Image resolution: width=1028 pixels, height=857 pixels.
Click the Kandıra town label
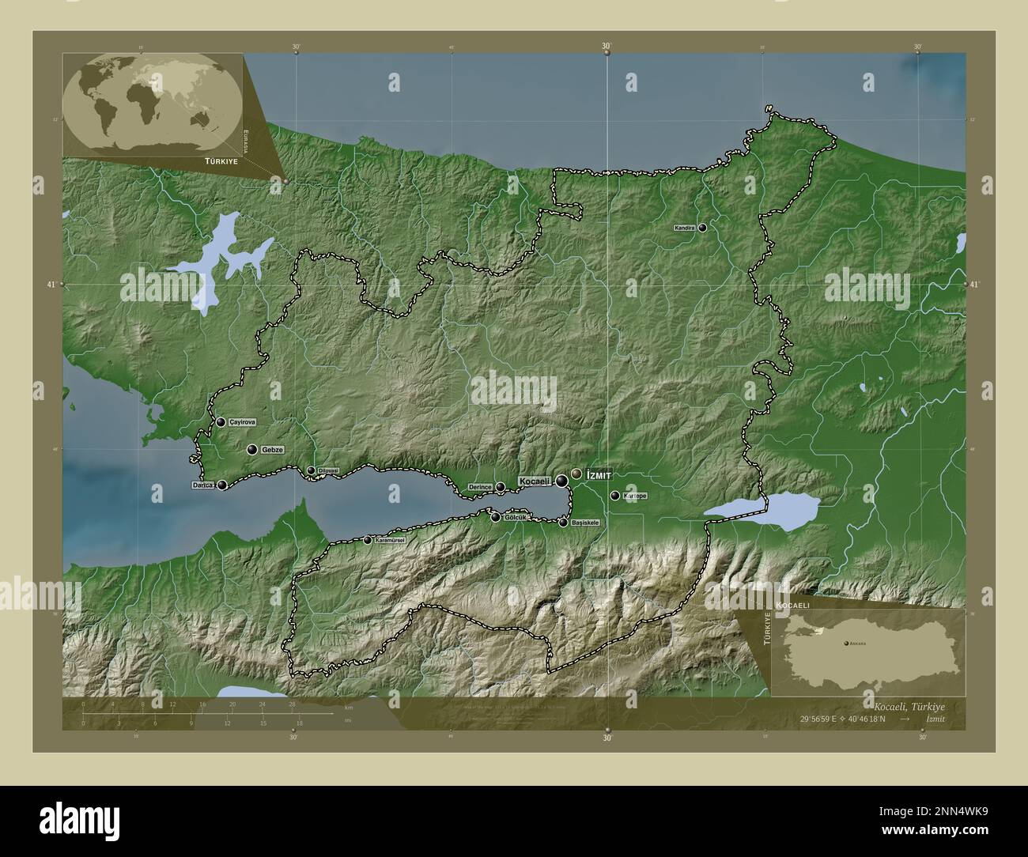[x=685, y=228]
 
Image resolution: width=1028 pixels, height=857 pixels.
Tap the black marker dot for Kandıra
[x=702, y=228]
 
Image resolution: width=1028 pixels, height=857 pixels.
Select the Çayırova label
[x=242, y=423]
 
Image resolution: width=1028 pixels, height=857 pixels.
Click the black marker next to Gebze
[x=251, y=450]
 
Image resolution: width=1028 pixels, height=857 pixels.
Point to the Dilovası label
[x=328, y=470]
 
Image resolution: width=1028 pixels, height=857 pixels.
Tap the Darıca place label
[x=203, y=485]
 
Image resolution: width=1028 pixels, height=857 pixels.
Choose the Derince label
[x=480, y=487]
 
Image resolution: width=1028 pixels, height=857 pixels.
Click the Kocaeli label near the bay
[x=535, y=481]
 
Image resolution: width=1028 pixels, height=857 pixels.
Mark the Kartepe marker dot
[x=614, y=496]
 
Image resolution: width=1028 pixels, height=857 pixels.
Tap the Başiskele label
[x=585, y=523]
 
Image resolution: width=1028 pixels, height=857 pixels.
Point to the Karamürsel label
[x=390, y=540]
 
